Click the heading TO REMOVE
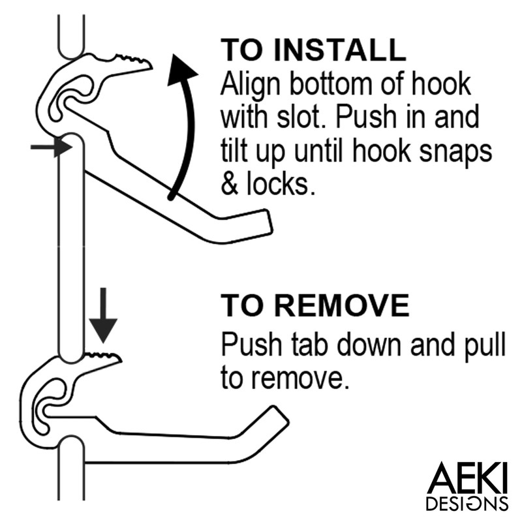[x=315, y=305]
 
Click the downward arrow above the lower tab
[x=103, y=320]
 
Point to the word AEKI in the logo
[x=467, y=479]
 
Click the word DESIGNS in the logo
[x=467, y=504]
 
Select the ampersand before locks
[x=230, y=185]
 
